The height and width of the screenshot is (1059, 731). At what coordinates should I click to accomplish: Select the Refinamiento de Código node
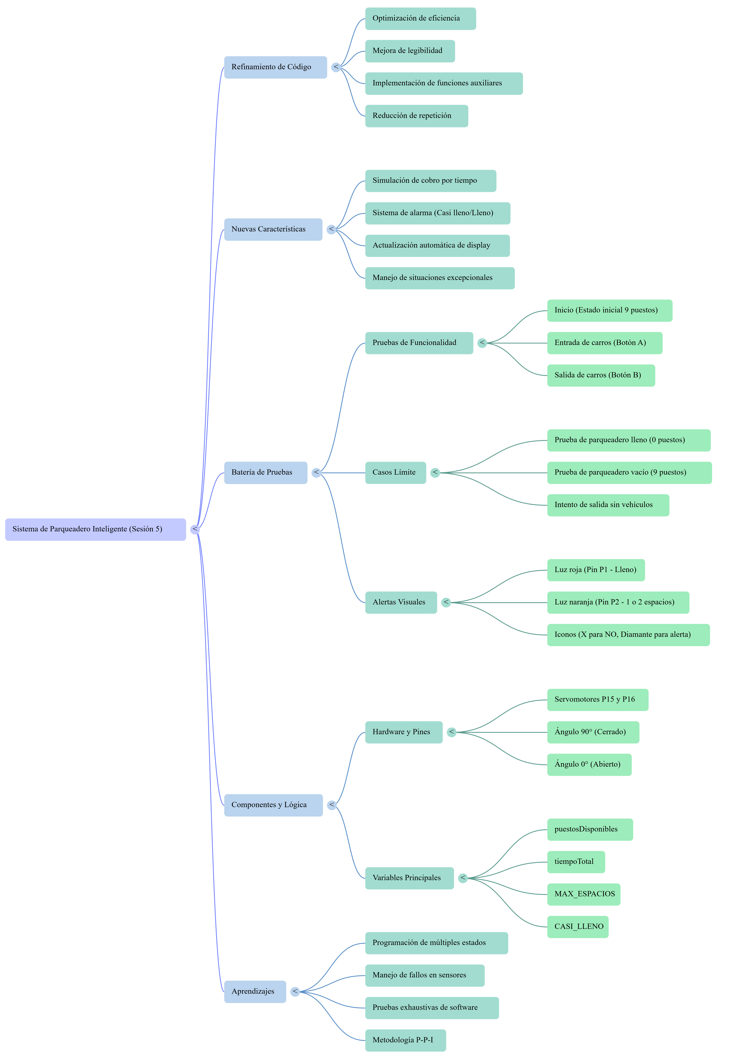tap(275, 67)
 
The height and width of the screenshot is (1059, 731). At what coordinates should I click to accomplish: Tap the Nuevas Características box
tap(273, 229)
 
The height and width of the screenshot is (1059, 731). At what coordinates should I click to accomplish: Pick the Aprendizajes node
tap(255, 992)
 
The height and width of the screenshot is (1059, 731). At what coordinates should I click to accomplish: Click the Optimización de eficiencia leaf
tap(420, 19)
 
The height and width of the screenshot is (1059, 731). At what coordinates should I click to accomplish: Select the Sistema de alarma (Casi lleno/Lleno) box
tap(437, 213)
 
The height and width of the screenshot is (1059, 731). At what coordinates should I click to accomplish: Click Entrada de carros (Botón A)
tap(605, 343)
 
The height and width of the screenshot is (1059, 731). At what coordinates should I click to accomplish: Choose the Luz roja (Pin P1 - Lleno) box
tap(596, 570)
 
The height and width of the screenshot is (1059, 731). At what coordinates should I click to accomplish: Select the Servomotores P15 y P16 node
tap(598, 700)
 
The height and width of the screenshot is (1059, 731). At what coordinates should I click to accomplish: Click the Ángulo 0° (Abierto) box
tap(589, 765)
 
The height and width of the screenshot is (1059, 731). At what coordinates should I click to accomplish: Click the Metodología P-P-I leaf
tap(405, 1040)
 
